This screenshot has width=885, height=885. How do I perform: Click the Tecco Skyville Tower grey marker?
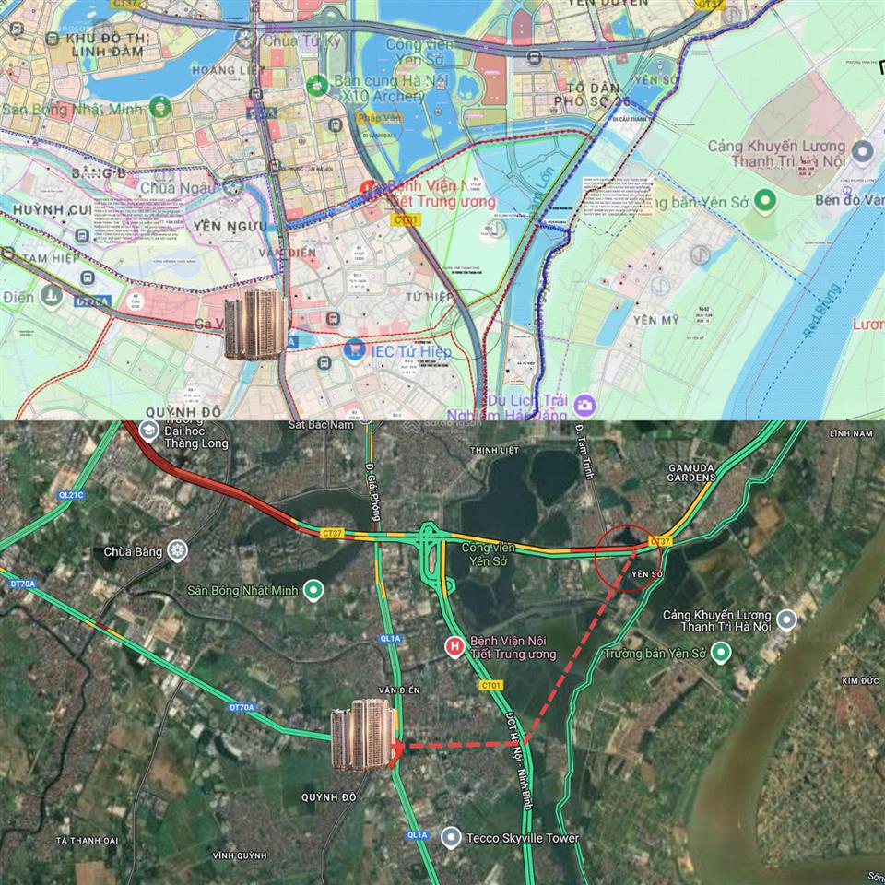(x=451, y=838)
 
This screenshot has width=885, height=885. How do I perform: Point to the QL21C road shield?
(x=71, y=495)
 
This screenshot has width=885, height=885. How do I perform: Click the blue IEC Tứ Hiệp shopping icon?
(x=352, y=350)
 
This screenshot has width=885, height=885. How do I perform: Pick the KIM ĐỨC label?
(x=856, y=680)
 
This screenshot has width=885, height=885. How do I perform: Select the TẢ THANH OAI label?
(x=88, y=840)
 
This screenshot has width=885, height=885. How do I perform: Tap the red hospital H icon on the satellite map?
(x=454, y=647)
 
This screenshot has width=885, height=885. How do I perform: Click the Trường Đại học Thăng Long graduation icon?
(x=147, y=431)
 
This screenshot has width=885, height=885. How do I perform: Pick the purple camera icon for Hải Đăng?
(x=584, y=404)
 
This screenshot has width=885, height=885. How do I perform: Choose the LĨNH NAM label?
(x=850, y=433)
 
